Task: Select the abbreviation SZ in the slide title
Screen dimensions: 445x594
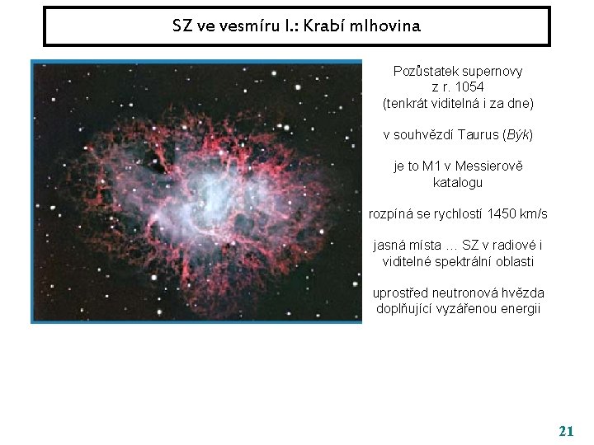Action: pos(182,26)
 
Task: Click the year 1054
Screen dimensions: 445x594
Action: pos(469,87)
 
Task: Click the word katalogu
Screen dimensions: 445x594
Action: pos(458,182)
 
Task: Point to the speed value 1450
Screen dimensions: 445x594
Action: pos(503,214)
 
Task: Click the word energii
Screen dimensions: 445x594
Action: pos(520,309)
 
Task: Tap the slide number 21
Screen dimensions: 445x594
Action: pos(566,431)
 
